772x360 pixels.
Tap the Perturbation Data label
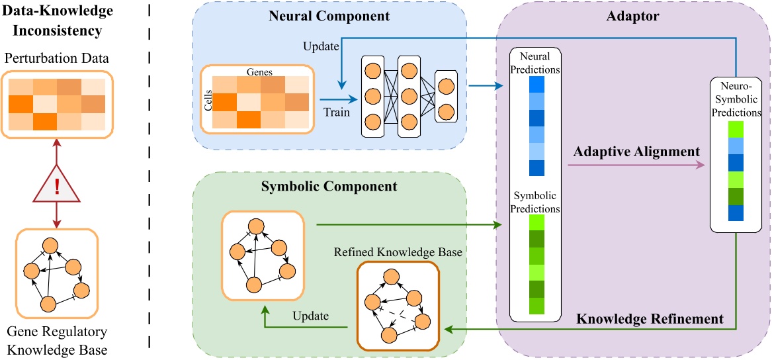pyautogui.click(x=57, y=58)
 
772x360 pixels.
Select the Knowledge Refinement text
pyautogui.click(x=650, y=319)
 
